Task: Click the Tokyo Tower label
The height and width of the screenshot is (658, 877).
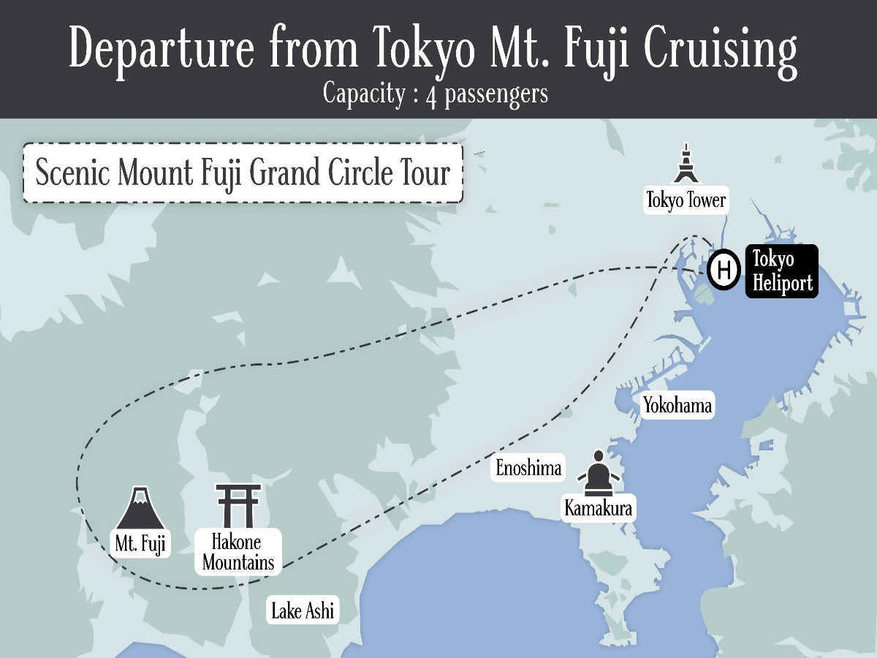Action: coord(686,200)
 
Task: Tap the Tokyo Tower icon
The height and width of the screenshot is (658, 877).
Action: coord(685,164)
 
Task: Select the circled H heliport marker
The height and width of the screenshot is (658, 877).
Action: coord(724,270)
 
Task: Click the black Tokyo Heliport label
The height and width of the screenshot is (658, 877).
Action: coord(781,271)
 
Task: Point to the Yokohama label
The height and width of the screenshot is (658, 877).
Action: coord(677,406)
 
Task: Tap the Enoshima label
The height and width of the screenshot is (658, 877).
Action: coord(528,468)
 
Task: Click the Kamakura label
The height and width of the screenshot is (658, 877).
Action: coord(598,508)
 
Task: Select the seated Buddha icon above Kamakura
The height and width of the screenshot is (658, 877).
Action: coord(599,472)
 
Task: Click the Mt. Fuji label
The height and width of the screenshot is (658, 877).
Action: coord(140,545)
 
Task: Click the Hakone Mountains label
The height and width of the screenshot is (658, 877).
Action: coord(238,553)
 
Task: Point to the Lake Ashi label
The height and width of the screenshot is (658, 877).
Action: coord(303,610)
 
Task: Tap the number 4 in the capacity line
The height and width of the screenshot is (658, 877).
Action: coord(431,96)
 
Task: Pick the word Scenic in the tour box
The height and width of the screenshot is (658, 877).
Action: coord(72,174)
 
